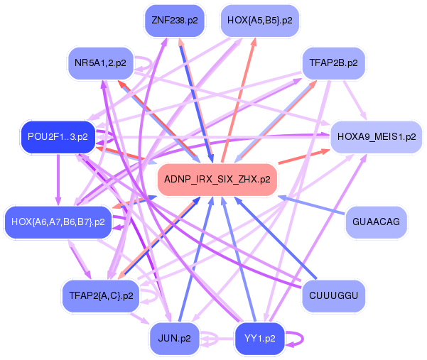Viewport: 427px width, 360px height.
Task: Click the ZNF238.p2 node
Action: tap(174, 21)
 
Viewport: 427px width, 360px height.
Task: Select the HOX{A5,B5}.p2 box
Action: tap(259, 21)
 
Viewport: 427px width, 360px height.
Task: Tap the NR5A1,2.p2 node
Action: tap(100, 63)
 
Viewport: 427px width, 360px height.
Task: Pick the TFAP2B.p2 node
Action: tap(333, 63)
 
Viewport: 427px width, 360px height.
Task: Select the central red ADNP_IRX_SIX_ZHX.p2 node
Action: tap(217, 180)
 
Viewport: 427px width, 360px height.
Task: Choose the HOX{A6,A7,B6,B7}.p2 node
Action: tap(58, 222)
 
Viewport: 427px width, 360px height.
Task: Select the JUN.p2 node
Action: tap(174, 338)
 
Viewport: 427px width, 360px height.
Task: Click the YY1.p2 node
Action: tap(259, 338)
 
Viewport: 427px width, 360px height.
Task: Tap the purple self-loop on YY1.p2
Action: tap(298, 338)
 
